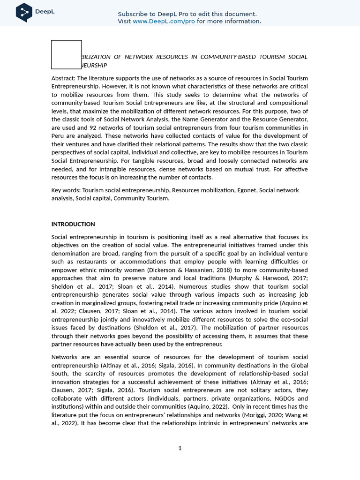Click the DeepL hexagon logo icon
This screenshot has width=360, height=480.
tap(24, 12)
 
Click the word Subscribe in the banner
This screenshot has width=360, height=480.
tap(133, 14)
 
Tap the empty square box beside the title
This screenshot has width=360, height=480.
tap(66, 54)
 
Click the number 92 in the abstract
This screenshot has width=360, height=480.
tap(93, 127)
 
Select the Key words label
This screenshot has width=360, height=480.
tap(66, 190)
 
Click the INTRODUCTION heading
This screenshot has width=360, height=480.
tap(73, 224)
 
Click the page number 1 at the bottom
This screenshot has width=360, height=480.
tap(180, 448)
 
